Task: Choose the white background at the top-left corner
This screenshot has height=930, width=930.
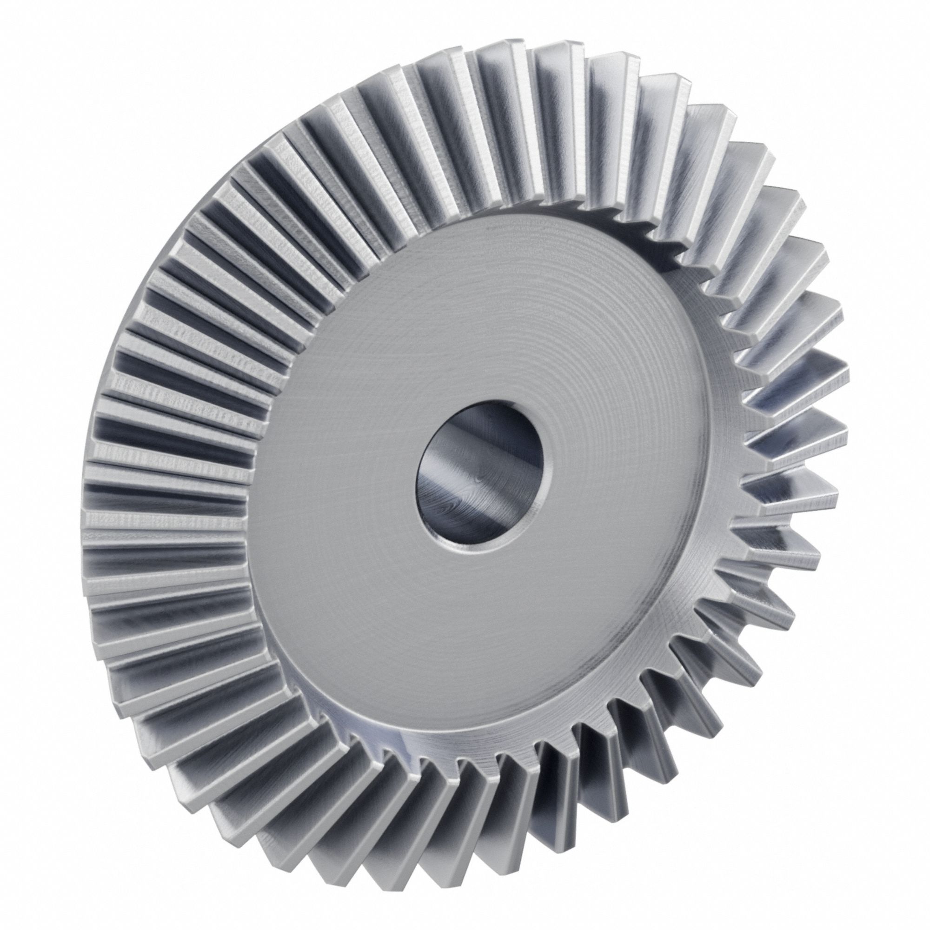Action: pos(29,29)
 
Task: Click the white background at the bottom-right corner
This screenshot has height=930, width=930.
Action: pos(900,900)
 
